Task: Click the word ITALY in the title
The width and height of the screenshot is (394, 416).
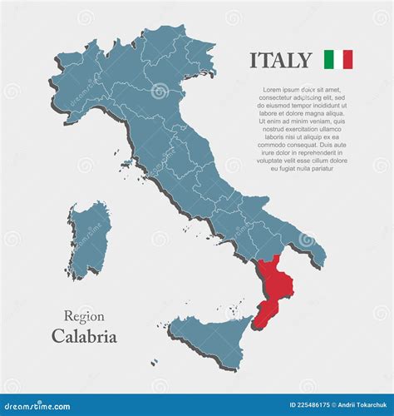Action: pos(281,60)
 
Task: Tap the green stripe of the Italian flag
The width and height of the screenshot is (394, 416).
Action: pos(328,60)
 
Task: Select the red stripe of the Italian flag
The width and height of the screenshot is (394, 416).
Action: pos(347,60)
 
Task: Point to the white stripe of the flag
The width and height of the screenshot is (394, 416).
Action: pos(338,60)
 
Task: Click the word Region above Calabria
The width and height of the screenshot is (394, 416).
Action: pos(84,316)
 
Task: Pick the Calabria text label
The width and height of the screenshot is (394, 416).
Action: pos(84,337)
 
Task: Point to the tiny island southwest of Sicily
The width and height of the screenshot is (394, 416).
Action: pos(155,362)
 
